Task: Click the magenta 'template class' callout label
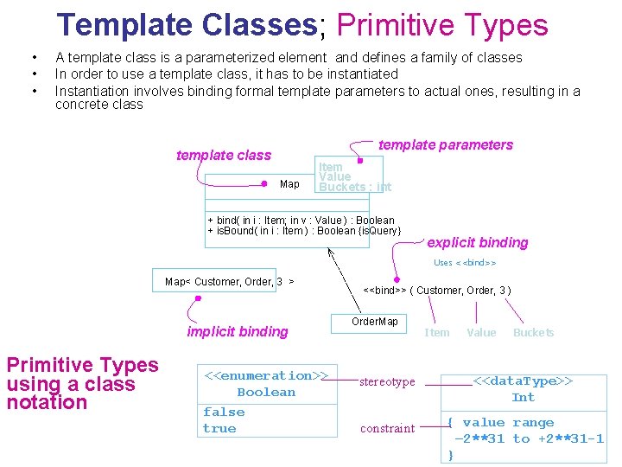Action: pyautogui.click(x=223, y=156)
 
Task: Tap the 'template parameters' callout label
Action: pyautogui.click(x=445, y=145)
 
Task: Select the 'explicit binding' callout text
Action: pyautogui.click(x=477, y=243)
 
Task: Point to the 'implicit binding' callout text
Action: pyautogui.click(x=238, y=332)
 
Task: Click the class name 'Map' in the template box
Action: pyautogui.click(x=289, y=184)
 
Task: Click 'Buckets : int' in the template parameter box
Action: pyautogui.click(x=355, y=188)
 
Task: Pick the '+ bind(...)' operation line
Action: pyautogui.click(x=301, y=221)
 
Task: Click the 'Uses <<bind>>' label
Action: pyautogui.click(x=465, y=263)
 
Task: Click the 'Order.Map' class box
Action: pyautogui.click(x=375, y=323)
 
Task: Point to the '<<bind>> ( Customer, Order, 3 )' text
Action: pyautogui.click(x=437, y=291)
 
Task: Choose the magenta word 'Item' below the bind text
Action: pyautogui.click(x=437, y=333)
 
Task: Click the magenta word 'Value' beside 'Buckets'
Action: pyautogui.click(x=481, y=333)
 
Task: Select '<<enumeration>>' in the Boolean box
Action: pyautogui.click(x=265, y=376)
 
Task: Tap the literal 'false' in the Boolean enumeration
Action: pyautogui.click(x=224, y=413)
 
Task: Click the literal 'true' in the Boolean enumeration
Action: pyautogui.click(x=219, y=429)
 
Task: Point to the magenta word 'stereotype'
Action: pyautogui.click(x=387, y=382)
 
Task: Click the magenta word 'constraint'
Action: pyautogui.click(x=387, y=429)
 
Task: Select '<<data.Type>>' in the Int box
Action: pyautogui.click(x=524, y=381)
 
